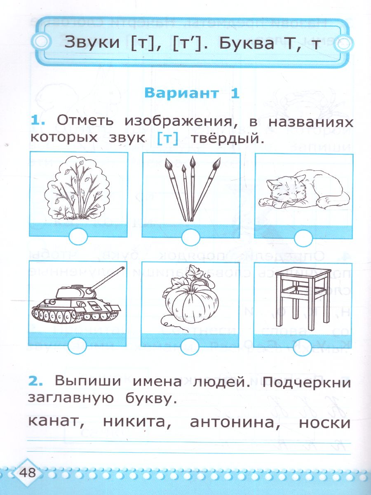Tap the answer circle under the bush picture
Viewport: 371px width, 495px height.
(78, 238)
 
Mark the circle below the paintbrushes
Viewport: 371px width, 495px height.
(190, 238)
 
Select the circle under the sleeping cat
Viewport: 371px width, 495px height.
(303, 238)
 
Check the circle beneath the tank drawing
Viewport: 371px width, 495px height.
(78, 346)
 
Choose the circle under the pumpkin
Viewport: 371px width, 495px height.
(190, 346)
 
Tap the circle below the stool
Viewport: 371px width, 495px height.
(303, 346)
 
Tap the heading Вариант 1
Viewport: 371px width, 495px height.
(191, 93)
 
